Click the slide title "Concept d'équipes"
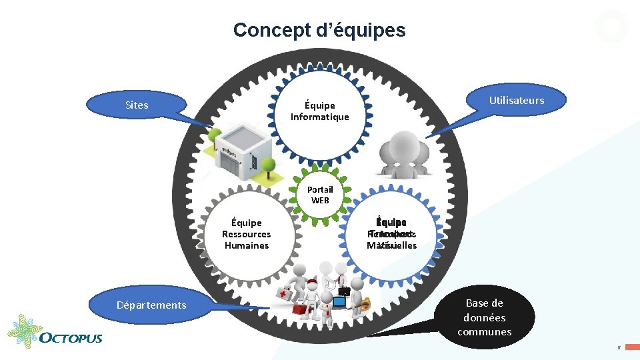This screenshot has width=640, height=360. [x=319, y=30]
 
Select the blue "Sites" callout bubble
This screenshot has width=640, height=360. [x=137, y=105]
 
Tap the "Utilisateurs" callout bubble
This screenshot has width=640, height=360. [x=517, y=101]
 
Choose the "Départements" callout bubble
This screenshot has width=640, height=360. [x=151, y=305]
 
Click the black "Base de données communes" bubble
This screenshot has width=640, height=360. [x=485, y=317]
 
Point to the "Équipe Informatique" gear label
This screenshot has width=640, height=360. [x=319, y=111]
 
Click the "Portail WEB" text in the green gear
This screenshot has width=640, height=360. [x=320, y=195]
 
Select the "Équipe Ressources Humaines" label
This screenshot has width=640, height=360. [x=246, y=234]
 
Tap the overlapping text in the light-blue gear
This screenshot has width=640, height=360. [x=391, y=234]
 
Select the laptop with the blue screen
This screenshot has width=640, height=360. [x=339, y=303]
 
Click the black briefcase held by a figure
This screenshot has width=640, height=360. [x=344, y=290]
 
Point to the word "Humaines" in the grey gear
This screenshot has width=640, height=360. [x=246, y=245]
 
